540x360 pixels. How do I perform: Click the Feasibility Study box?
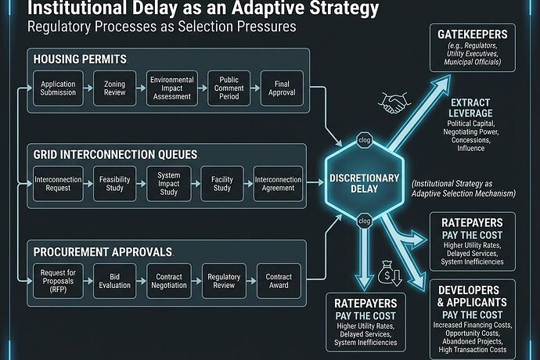(114, 185)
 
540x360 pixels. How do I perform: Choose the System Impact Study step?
(169, 185)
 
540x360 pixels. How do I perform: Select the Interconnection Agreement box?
(278, 185)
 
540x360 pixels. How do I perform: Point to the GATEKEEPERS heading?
(473, 36)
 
